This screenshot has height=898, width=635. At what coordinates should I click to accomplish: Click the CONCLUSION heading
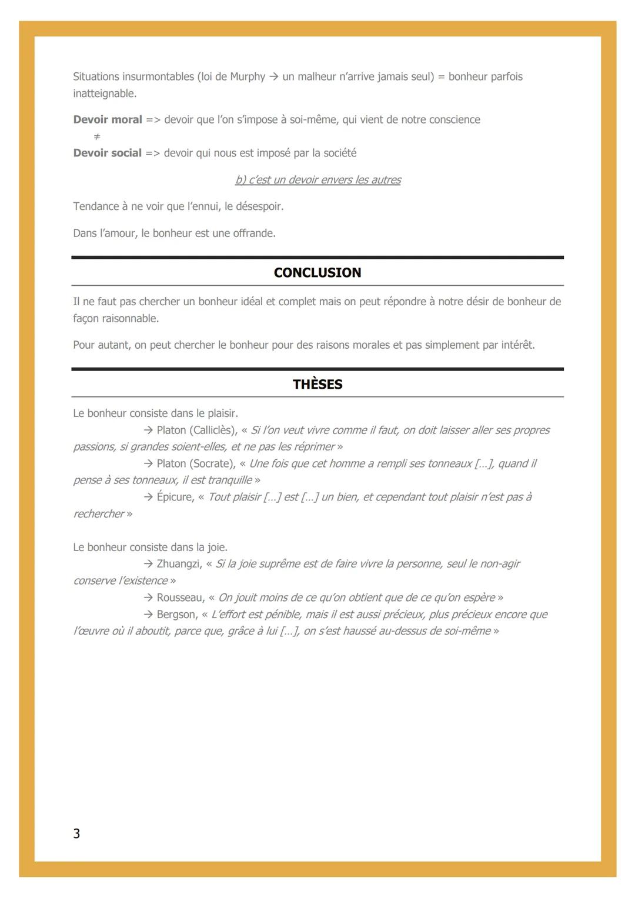pos(317,273)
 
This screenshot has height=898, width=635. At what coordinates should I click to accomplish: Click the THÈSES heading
pos(317,385)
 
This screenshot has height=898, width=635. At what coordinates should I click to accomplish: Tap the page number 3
pos(76,833)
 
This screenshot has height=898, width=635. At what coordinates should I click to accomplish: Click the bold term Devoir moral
pos(108,119)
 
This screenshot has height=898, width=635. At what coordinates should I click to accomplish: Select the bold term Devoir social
pos(108,153)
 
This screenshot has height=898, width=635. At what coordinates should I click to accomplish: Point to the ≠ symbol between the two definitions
pos(97,136)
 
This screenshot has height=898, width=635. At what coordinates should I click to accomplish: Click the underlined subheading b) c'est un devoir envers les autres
pos(317,180)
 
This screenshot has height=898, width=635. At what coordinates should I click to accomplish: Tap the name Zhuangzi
pos(179,564)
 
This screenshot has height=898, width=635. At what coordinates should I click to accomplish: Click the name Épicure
pos(175,497)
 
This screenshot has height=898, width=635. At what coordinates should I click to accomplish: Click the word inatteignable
pos(103,94)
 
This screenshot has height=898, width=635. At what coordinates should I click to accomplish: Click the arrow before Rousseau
pos(148,597)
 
